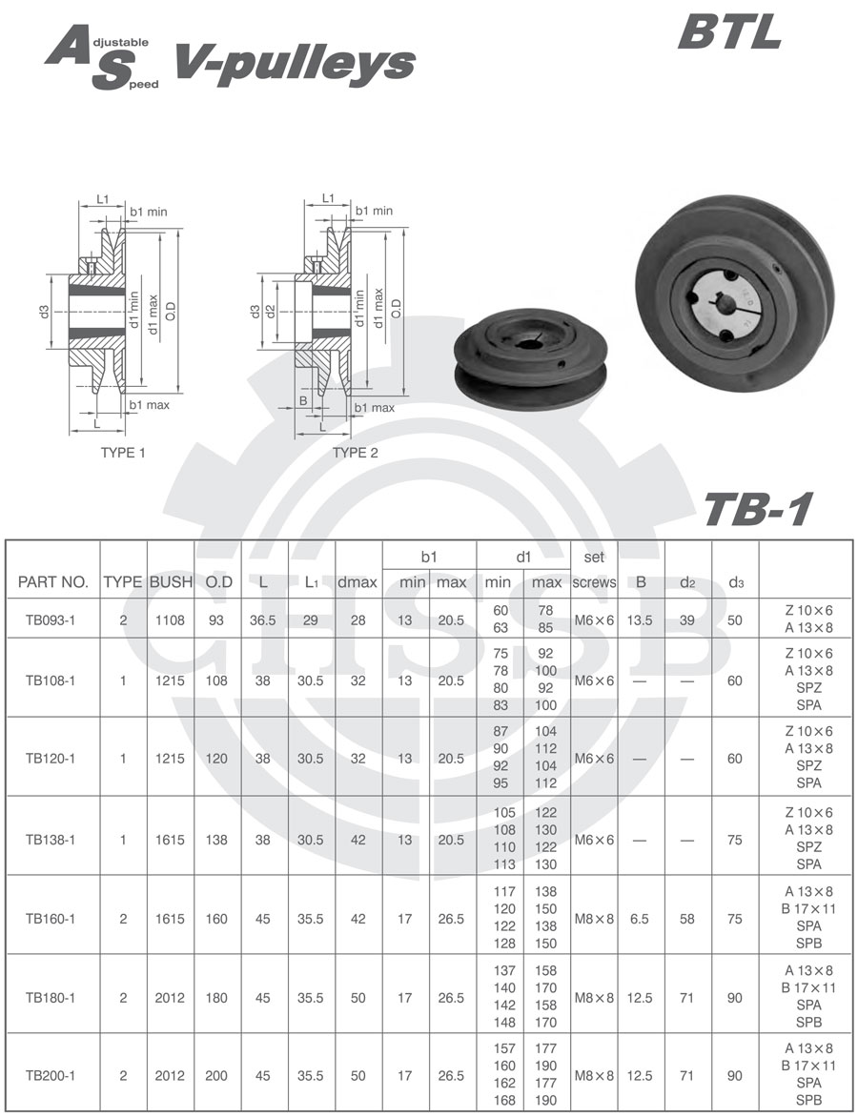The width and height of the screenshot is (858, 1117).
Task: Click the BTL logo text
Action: click(x=729, y=30)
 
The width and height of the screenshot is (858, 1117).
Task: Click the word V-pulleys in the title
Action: click(x=295, y=63)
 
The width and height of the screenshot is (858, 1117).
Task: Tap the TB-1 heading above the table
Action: click(x=758, y=510)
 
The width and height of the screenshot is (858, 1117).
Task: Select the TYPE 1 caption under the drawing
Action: click(x=124, y=453)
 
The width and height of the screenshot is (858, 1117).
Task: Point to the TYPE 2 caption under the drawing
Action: click(x=355, y=453)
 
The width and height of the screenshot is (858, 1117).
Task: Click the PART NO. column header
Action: click(x=53, y=581)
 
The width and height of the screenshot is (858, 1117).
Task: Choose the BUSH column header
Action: click(x=171, y=581)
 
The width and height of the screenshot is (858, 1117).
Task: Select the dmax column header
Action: click(x=358, y=581)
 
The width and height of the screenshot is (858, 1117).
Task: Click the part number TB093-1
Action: click(x=53, y=620)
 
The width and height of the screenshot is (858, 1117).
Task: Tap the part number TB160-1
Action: click(x=53, y=919)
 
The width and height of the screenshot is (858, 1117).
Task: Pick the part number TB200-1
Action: click(x=53, y=1075)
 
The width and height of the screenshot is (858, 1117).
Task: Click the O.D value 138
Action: click(x=217, y=840)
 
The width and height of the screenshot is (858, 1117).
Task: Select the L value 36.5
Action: click(x=264, y=620)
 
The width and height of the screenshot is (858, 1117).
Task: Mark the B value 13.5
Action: click(x=640, y=620)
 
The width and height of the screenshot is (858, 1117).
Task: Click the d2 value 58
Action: click(x=687, y=919)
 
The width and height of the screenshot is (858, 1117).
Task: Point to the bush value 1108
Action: click(x=171, y=620)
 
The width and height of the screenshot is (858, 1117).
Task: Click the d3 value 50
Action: click(x=734, y=620)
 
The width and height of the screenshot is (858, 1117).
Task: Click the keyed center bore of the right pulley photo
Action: click(x=729, y=307)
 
